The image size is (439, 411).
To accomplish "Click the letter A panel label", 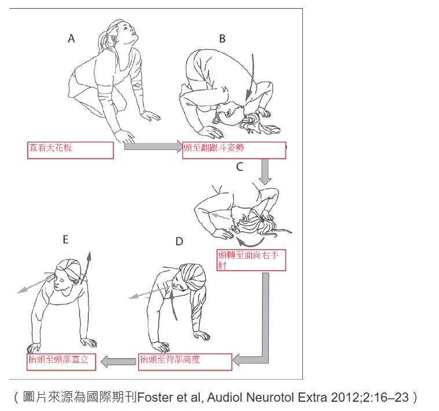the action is (x=71, y=38).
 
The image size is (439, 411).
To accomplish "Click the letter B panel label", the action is (x=222, y=39).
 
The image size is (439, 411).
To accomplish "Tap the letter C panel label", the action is (x=239, y=167).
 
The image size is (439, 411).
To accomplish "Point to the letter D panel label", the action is (x=179, y=241).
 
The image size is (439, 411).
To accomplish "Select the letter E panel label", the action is (x=65, y=240).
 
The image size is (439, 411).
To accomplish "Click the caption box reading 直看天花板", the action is (x=70, y=151).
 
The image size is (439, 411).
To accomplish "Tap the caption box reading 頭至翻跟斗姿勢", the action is (x=234, y=151).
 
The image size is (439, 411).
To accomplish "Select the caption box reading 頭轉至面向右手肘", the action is (x=251, y=260).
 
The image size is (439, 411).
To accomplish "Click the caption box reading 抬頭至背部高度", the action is (x=185, y=362).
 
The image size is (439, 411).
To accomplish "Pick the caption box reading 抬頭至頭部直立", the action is (x=61, y=362).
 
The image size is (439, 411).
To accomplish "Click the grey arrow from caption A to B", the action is (x=153, y=146).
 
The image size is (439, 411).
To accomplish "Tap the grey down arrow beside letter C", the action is (x=265, y=171).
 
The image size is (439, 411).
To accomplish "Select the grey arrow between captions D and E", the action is (x=118, y=361).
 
